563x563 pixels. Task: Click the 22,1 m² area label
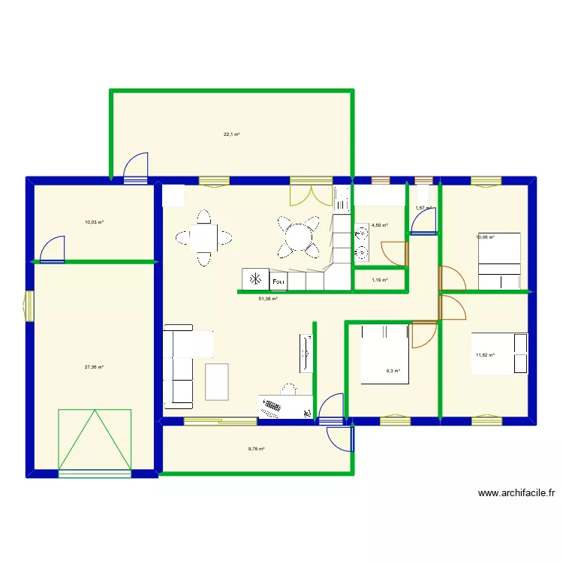point(231,134)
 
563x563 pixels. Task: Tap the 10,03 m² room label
point(94,222)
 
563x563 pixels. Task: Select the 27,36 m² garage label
point(94,367)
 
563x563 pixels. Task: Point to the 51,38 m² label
point(268,299)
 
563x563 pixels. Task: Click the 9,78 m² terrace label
point(256,449)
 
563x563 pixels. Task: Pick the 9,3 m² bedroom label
point(393,371)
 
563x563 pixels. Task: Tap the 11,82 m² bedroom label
point(484,355)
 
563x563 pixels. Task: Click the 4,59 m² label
point(379,225)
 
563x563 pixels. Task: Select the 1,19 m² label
point(380,280)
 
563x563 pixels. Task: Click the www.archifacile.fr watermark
point(516,493)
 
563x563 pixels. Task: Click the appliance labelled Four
point(278,280)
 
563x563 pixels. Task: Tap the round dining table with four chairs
point(297,238)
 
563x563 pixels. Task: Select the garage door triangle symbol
point(95,439)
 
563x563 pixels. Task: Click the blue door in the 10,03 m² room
point(53,250)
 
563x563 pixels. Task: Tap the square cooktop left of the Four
point(255,279)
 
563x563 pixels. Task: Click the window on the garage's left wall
point(29,306)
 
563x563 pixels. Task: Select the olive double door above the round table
point(311,191)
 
